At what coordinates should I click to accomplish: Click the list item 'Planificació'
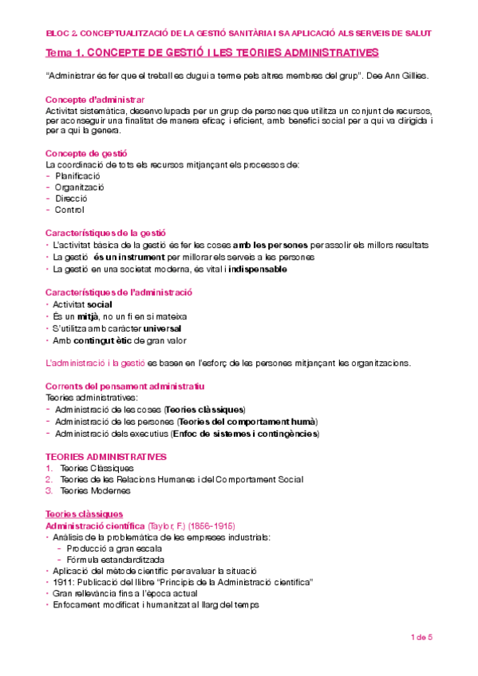[77, 175]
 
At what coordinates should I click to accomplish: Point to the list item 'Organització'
[80, 187]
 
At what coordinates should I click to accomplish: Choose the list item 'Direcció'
[71, 198]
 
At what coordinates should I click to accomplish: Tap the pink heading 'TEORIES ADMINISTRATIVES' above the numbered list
[106, 457]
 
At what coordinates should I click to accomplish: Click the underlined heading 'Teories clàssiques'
[84, 514]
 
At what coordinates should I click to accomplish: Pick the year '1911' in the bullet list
[64, 582]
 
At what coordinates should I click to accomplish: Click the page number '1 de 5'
[421, 637]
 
